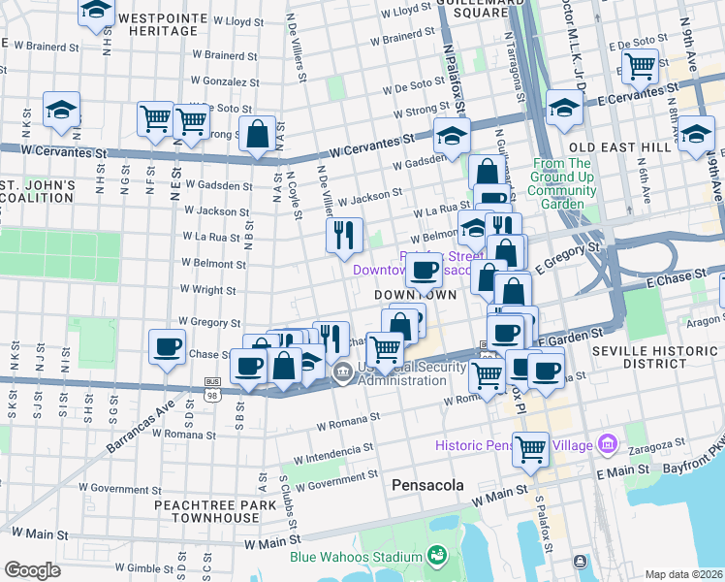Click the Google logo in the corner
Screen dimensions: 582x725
[x=32, y=570]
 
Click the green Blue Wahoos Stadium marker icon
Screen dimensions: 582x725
[x=437, y=556]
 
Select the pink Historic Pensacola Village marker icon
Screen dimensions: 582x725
[x=608, y=445]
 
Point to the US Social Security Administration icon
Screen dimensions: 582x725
[x=342, y=372]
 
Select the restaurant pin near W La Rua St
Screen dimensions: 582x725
[x=343, y=235]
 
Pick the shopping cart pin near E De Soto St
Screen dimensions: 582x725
[x=640, y=66]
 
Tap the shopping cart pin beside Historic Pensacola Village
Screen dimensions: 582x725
[x=530, y=449]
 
